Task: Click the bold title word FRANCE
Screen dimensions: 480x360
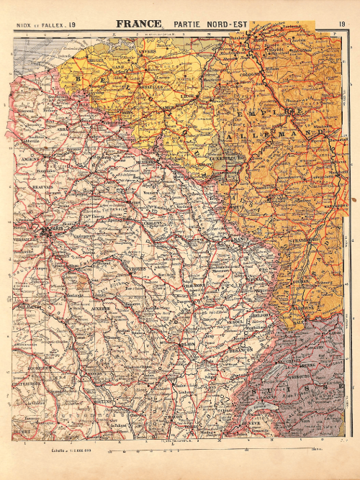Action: [139, 23]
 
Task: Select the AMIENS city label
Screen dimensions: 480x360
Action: [30, 157]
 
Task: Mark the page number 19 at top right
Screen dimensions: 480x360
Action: [341, 25]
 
